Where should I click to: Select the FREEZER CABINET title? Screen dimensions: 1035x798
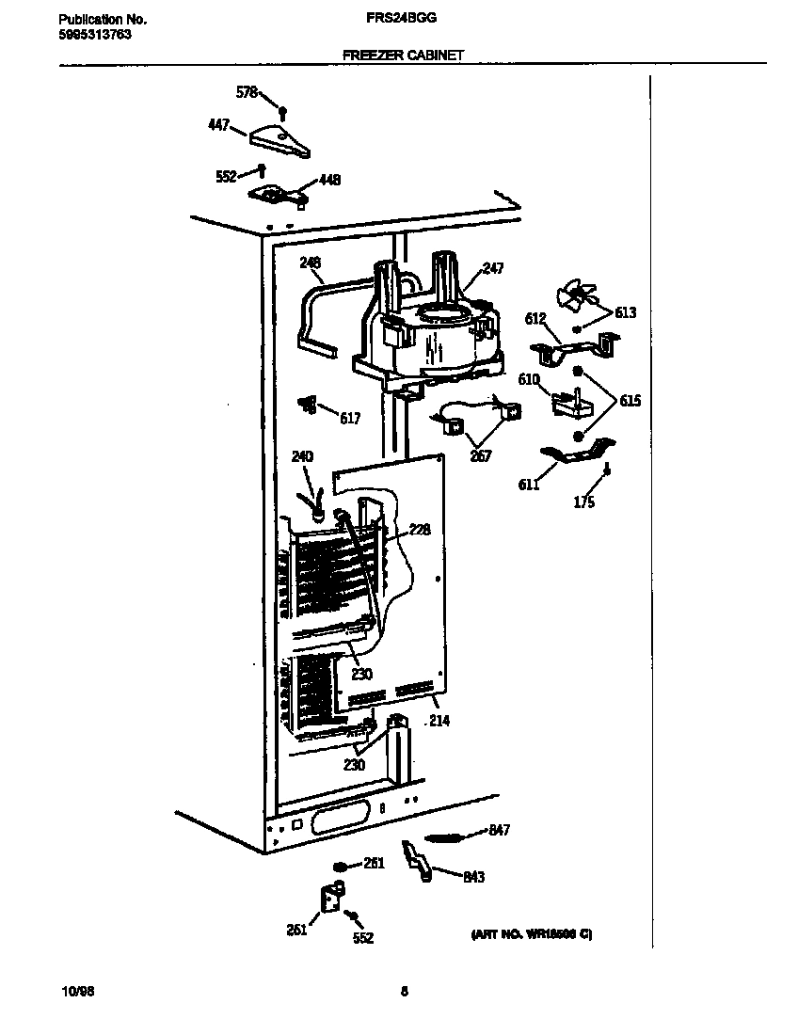click(x=403, y=56)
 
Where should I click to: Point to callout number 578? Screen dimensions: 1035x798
click(x=246, y=92)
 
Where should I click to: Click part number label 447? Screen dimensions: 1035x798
click(x=218, y=124)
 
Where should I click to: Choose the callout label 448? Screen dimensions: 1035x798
click(x=329, y=180)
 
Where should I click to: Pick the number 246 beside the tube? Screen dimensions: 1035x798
click(x=311, y=263)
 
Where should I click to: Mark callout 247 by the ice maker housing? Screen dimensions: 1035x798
click(x=492, y=268)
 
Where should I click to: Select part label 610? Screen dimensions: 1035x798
click(x=529, y=379)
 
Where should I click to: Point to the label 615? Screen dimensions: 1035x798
click(x=630, y=400)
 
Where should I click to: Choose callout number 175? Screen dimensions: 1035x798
click(x=583, y=502)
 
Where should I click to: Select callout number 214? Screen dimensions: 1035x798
click(x=439, y=722)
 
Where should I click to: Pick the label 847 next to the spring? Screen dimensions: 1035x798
click(x=499, y=830)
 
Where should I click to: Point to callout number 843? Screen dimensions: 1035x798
click(x=473, y=877)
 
